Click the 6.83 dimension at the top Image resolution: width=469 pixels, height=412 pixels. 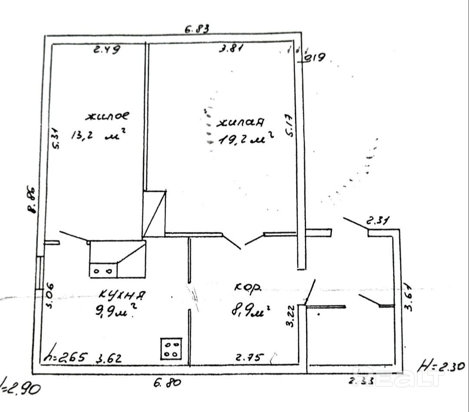pos(197,29)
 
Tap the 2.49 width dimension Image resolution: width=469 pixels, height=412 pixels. pos(107,49)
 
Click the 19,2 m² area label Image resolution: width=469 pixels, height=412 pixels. pos(246,139)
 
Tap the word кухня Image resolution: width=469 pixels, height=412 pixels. pos(122,294)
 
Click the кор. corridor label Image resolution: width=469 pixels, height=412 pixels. pos(248,287)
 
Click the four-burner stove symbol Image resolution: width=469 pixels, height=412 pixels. pos(171,349)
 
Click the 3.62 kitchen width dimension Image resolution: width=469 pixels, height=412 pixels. pos(108,359)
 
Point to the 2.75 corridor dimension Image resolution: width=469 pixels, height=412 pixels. pos(249,358)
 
